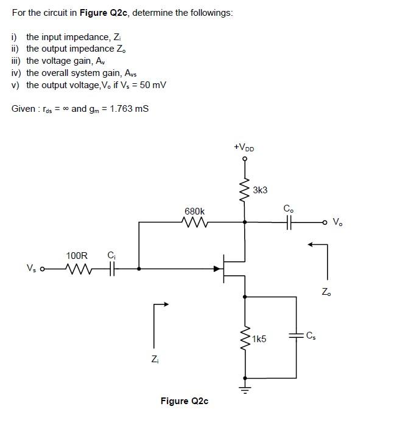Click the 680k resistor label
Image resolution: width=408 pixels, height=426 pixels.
click(x=195, y=211)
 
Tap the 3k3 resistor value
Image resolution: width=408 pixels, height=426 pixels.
click(x=260, y=190)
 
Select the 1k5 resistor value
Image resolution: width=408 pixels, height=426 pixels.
click(x=260, y=339)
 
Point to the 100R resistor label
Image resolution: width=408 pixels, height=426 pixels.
click(x=77, y=256)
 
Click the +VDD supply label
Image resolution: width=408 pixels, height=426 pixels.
click(x=244, y=147)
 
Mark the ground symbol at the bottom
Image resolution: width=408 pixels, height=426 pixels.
click(x=246, y=385)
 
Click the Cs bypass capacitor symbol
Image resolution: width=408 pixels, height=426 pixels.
click(x=297, y=335)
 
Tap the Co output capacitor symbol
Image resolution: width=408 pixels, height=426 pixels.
click(x=288, y=222)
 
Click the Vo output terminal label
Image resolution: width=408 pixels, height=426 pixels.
click(x=338, y=222)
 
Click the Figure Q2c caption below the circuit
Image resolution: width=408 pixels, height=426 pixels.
click(x=184, y=401)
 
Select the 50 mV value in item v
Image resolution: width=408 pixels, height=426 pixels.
click(x=153, y=84)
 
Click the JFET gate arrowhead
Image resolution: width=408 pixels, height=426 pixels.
click(x=217, y=267)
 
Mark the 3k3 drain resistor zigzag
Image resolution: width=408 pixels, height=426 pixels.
click(x=245, y=191)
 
